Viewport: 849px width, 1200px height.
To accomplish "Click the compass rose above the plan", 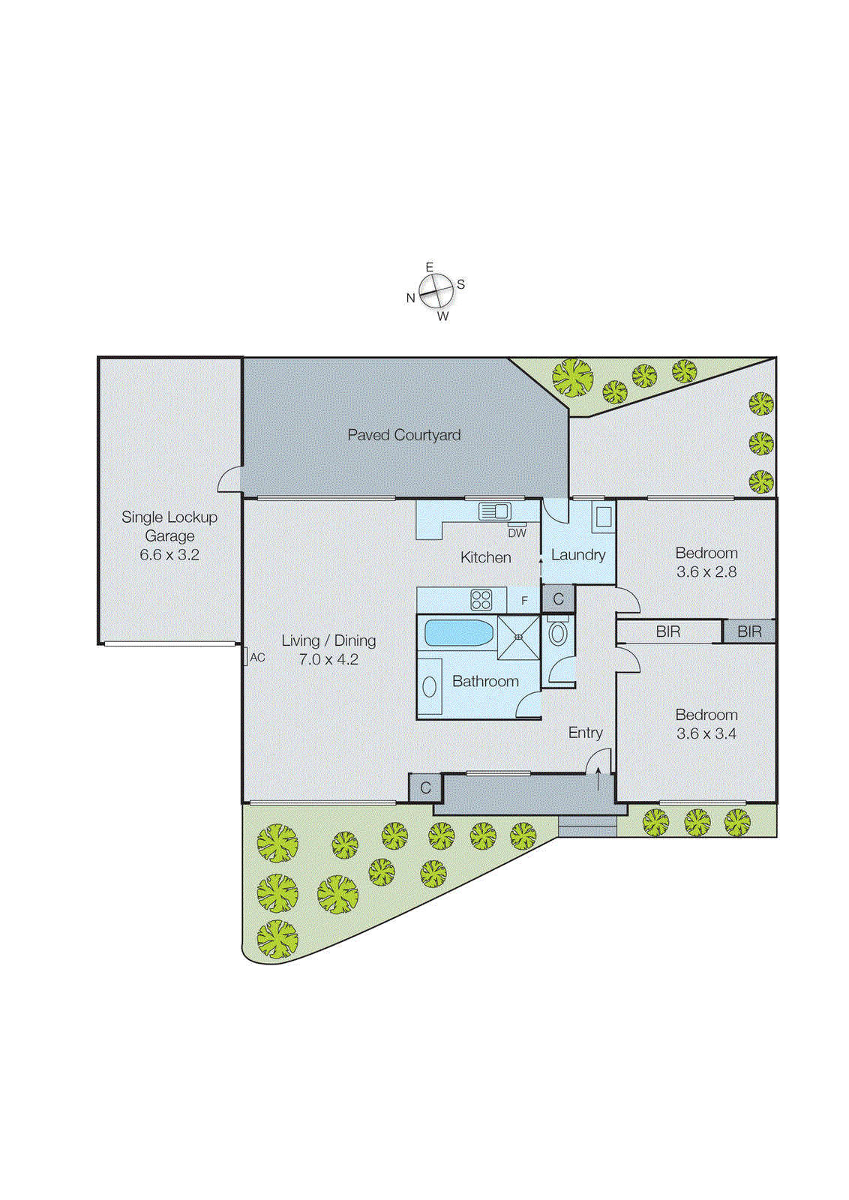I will pyautogui.click(x=436, y=291).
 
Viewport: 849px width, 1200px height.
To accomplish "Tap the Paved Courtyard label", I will pyautogui.click(x=403, y=435).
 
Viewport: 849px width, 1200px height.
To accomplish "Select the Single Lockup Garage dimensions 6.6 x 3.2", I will pyautogui.click(x=169, y=555).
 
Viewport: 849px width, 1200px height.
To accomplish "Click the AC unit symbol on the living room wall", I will pyautogui.click(x=245, y=656).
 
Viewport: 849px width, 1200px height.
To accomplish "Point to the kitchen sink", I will pyautogui.click(x=494, y=511).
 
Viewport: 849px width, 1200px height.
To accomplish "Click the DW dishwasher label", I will pyautogui.click(x=517, y=533).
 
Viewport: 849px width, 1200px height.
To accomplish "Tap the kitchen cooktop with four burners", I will pyautogui.click(x=481, y=599).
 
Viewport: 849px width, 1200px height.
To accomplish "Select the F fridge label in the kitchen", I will pyautogui.click(x=524, y=601).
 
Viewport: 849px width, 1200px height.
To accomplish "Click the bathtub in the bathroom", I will pyautogui.click(x=458, y=633).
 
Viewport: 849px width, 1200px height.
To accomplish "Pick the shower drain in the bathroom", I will pyautogui.click(x=518, y=637).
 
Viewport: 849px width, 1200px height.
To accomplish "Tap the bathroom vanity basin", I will pyautogui.click(x=430, y=685).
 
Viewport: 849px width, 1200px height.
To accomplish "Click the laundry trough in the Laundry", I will pyautogui.click(x=604, y=516).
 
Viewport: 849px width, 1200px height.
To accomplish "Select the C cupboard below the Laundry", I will pyautogui.click(x=558, y=599).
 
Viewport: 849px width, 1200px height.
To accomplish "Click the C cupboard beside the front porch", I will pyautogui.click(x=425, y=787).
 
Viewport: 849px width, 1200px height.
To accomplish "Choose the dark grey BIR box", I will pyautogui.click(x=749, y=631).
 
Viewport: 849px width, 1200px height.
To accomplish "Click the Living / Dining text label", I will pyautogui.click(x=328, y=640).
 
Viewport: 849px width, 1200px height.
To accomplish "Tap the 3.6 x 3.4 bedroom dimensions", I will pyautogui.click(x=706, y=733).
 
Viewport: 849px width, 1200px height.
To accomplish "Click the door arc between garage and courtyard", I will pyautogui.click(x=229, y=479).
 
